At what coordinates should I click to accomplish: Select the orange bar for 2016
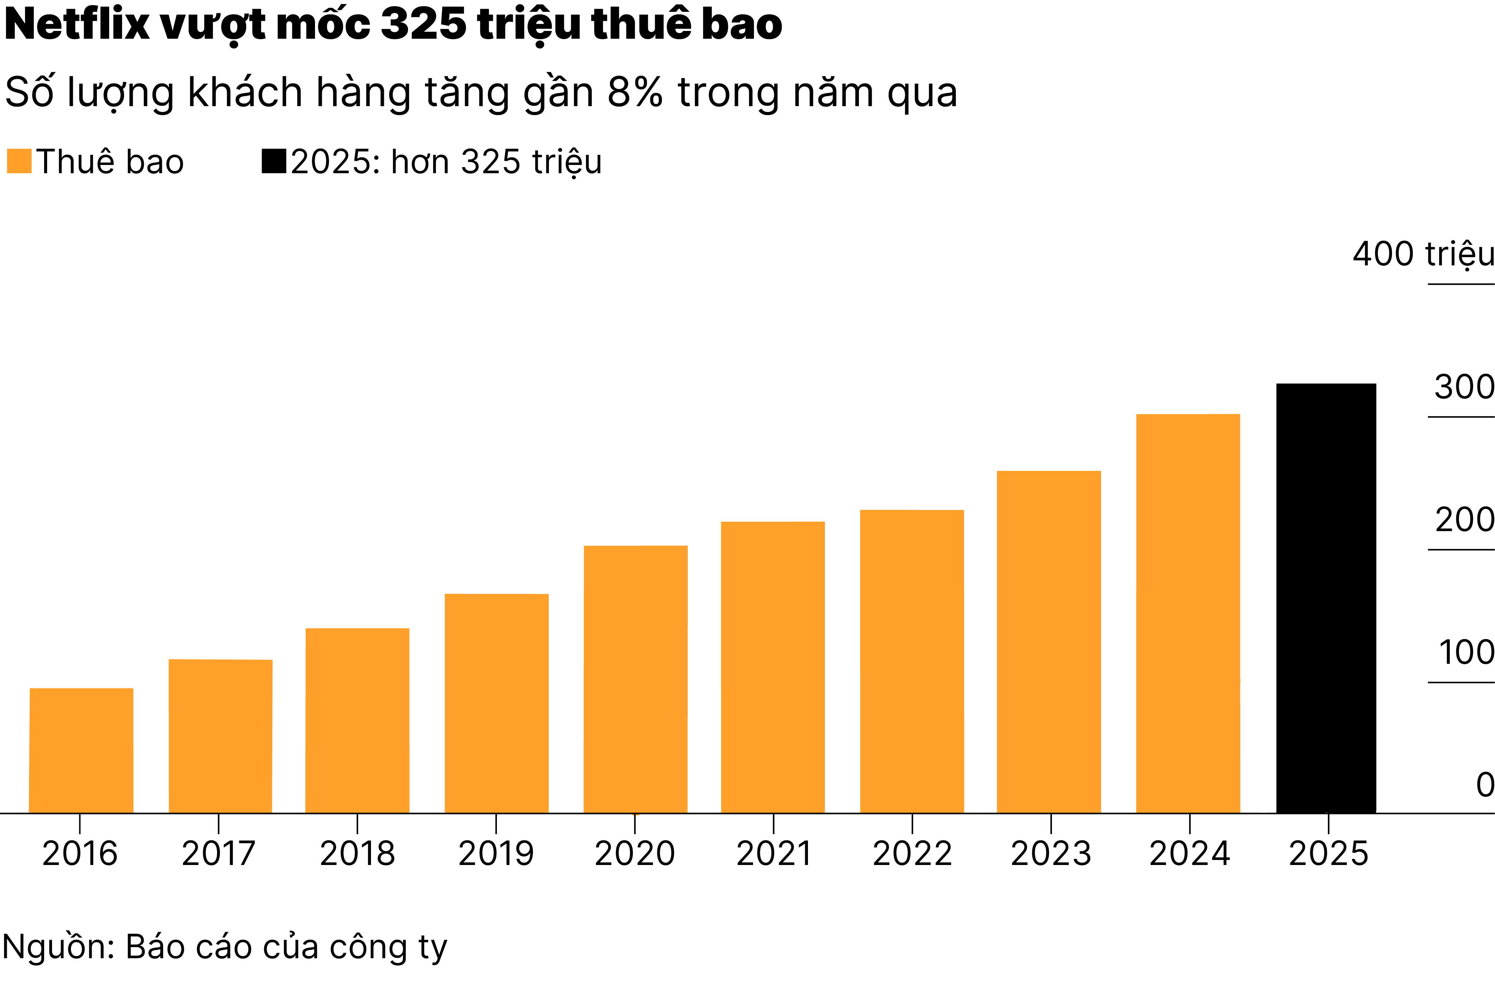click(x=81, y=750)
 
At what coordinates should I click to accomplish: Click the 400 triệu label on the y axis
click(x=1423, y=254)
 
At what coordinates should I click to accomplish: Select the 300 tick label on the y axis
click(x=1463, y=387)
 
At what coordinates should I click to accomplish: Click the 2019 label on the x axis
click(x=496, y=854)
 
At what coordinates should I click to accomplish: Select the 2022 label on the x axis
click(x=912, y=854)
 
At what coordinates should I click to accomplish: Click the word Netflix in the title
click(x=77, y=25)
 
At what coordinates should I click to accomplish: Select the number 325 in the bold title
click(x=424, y=25)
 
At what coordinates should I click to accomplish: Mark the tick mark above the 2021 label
click(x=774, y=823)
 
